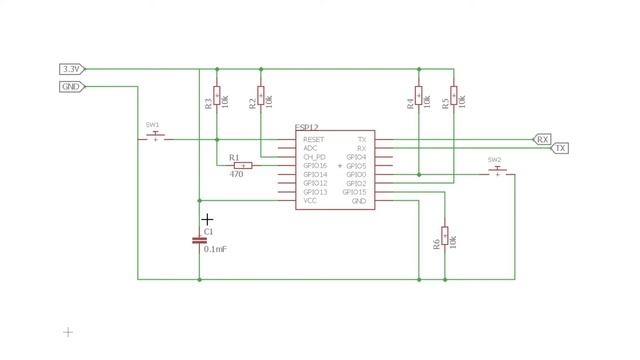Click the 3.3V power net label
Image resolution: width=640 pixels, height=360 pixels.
(71, 69)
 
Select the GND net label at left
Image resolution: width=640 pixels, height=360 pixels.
(71, 87)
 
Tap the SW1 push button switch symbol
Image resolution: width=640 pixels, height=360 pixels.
(154, 137)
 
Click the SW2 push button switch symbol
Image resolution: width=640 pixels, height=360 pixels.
(496, 172)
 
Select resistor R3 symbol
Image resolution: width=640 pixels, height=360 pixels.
(217, 98)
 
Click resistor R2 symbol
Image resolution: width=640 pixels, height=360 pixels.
(261, 96)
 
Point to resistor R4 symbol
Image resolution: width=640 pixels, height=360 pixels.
(419, 98)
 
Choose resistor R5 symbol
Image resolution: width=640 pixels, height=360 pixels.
(454, 96)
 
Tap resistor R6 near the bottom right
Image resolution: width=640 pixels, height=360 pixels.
(444, 236)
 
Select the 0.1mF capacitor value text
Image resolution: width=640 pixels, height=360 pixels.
(215, 249)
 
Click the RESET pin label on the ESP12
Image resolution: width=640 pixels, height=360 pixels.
(314, 139)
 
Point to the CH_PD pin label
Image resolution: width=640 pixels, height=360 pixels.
(315, 157)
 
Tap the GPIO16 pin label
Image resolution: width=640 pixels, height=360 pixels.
(315, 166)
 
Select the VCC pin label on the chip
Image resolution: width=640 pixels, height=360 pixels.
(310, 201)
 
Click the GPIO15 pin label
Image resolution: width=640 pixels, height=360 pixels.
(356, 192)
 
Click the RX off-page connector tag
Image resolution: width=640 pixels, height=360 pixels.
(542, 139)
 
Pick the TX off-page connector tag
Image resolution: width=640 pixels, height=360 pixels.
(560, 148)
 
